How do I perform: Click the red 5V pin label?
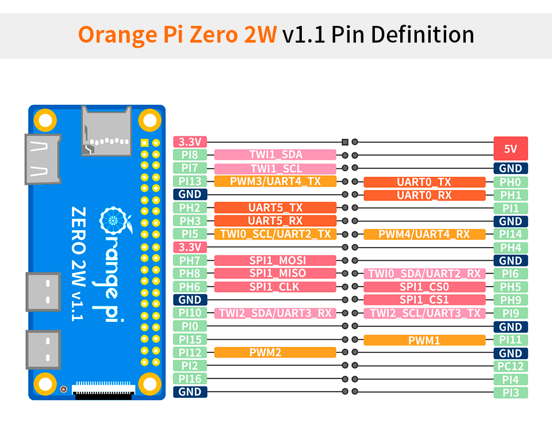pyautogui.click(x=510, y=149)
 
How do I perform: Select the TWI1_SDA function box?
pyautogui.click(x=275, y=155)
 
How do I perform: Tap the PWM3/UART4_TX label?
pyautogui.click(x=275, y=181)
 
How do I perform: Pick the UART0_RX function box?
pyautogui.click(x=424, y=195)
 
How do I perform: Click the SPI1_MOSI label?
pyautogui.click(x=275, y=261)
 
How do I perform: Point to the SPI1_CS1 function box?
pyautogui.click(x=424, y=300)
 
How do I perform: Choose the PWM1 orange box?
pyautogui.click(x=424, y=340)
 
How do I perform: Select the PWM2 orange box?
pyautogui.click(x=275, y=352)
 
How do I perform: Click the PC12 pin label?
pyautogui.click(x=510, y=366)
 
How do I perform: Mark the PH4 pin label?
pyautogui.click(x=510, y=248)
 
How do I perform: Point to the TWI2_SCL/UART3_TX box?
pyautogui.click(x=424, y=313)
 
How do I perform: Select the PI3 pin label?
pyautogui.click(x=510, y=393)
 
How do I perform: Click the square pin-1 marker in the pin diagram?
pyautogui.click(x=345, y=142)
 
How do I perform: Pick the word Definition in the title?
pyautogui.click(x=423, y=35)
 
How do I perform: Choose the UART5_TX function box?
pyautogui.click(x=275, y=208)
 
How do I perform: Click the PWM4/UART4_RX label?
pyautogui.click(x=424, y=234)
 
